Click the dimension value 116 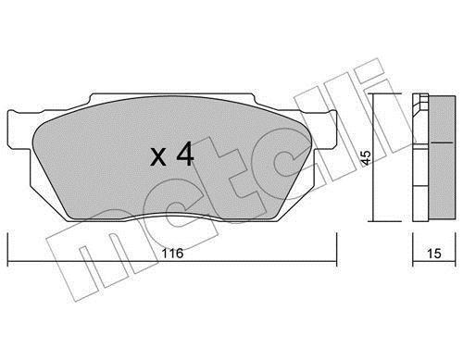[173, 254]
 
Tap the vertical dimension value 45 [367, 157]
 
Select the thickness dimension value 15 [434, 254]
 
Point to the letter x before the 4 [158, 156]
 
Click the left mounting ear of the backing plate [19, 130]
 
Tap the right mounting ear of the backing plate [324, 130]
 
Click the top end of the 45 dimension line [373, 93]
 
